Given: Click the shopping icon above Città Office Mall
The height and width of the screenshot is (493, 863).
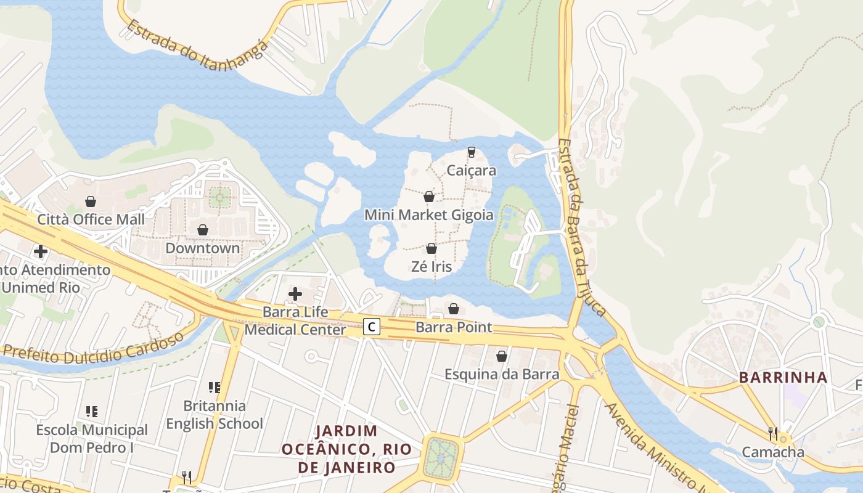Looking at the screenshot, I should pos(91,202).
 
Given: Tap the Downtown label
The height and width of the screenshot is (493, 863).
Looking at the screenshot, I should pos(203,248).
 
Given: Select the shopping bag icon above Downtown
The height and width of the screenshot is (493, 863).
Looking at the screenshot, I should pos(203,230).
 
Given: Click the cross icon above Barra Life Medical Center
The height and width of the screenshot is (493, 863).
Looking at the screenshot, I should pos(295,294).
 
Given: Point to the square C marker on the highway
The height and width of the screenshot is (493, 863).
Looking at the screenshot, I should pos(371,327).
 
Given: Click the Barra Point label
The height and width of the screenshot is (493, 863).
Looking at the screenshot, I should pos(454,327).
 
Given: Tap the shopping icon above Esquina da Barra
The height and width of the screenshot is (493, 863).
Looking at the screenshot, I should pos(502,356).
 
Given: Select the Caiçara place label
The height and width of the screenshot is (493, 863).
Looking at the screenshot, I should pos(472,171).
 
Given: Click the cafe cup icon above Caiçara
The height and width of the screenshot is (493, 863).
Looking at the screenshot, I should pos(472,152).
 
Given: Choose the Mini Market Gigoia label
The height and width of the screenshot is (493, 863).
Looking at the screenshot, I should pos(429,215).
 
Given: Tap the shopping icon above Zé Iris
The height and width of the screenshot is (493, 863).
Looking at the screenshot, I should pos(431,248).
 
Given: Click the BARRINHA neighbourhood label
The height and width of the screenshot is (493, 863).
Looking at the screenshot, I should pos(783,378).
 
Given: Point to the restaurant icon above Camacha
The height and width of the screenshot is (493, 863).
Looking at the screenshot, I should pos(773,433).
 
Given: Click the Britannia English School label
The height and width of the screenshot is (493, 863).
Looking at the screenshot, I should pos(215,415).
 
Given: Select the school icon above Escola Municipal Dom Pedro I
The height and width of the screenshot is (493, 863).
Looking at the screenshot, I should pos(91,411).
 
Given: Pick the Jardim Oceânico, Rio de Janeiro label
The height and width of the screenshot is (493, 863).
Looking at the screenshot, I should pos(346,449).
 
